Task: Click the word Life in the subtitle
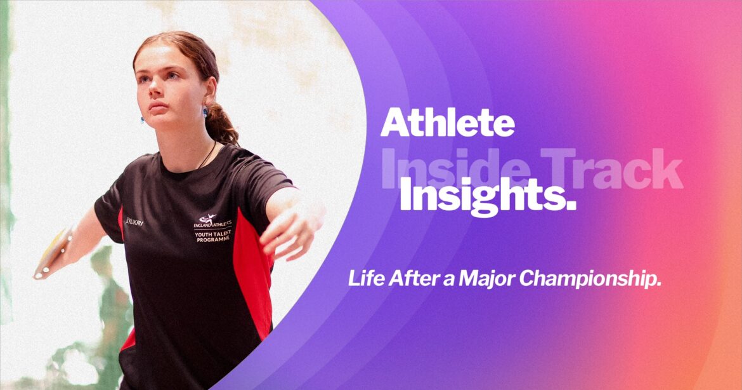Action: (363, 279)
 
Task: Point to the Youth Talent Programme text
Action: (212, 236)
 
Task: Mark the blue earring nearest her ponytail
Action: (205, 112)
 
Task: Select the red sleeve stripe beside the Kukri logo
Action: (120, 219)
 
